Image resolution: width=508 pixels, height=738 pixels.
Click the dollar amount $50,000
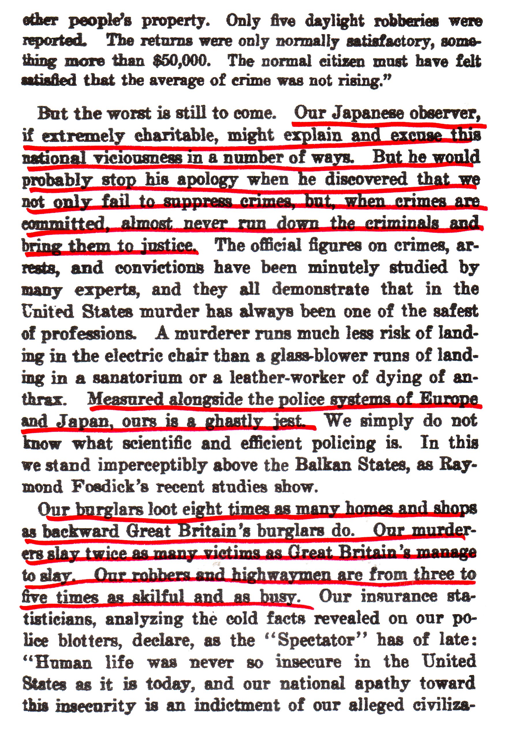click(180, 61)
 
